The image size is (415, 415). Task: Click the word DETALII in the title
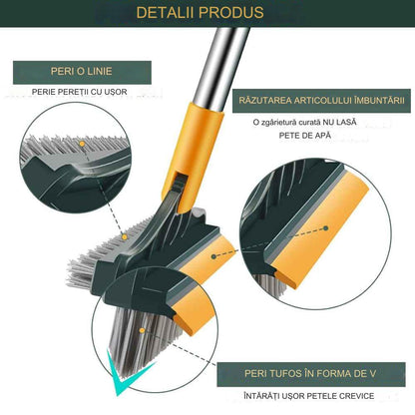pos(175,13)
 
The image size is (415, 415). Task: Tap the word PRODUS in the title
pos(236,13)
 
